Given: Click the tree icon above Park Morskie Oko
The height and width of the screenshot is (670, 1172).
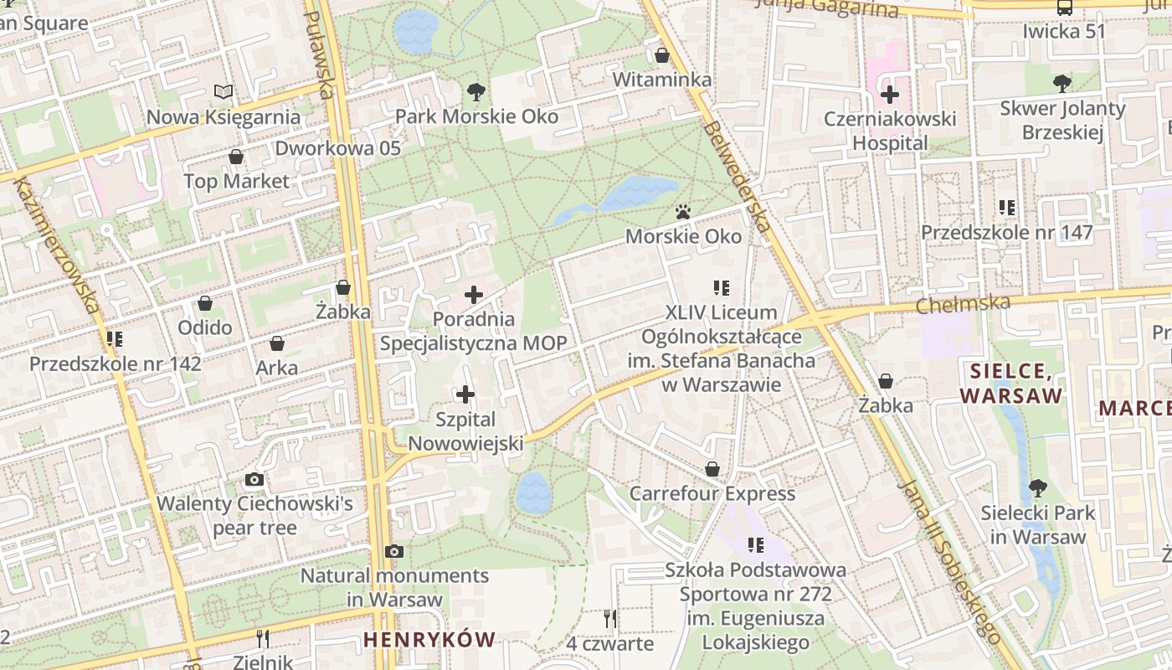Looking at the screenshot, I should coord(475,90).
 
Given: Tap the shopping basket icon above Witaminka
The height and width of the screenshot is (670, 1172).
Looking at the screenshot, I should coord(662,55).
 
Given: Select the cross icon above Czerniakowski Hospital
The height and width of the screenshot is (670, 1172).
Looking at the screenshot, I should coord(889,94).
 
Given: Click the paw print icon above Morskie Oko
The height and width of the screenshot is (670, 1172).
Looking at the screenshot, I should coord(684,212).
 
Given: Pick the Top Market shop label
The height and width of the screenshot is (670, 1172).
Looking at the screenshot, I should coord(236,181).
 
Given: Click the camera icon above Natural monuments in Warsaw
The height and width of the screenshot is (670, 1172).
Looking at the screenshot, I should coord(393,551).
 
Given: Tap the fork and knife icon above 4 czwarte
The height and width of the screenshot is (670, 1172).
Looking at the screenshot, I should coord(609,619).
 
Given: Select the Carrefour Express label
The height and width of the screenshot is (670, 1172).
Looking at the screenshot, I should coord(712,493).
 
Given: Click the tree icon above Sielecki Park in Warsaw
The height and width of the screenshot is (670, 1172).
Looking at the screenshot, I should coord(1037,487).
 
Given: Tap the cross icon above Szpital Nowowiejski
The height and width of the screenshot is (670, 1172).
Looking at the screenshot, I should coord(465,394).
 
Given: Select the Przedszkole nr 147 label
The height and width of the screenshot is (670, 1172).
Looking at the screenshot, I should coord(1007,233).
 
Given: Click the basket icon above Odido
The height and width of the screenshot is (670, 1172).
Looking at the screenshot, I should coord(205,303).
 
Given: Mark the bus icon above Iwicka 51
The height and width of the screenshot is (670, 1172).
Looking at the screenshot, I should coord(1064,8).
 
